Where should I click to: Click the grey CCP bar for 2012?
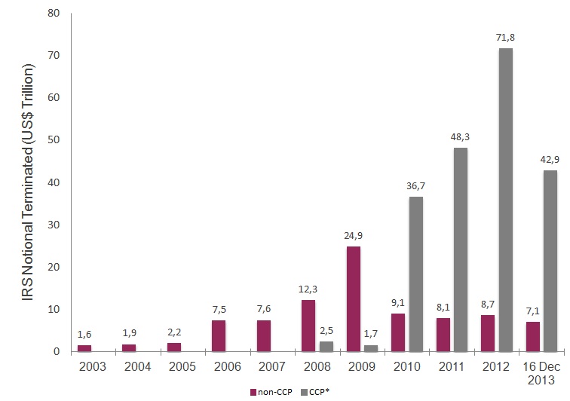pyautogui.click(x=505, y=200)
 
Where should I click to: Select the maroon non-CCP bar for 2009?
pyautogui.click(x=353, y=298)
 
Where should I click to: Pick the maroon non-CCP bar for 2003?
pyautogui.click(x=84, y=348)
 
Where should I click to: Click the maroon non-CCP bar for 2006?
pyautogui.click(x=219, y=335)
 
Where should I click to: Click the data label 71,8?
pyautogui.click(x=505, y=36)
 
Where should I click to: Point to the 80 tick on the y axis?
pyautogui.click(x=54, y=14)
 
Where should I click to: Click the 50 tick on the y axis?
pyautogui.click(x=54, y=140)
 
